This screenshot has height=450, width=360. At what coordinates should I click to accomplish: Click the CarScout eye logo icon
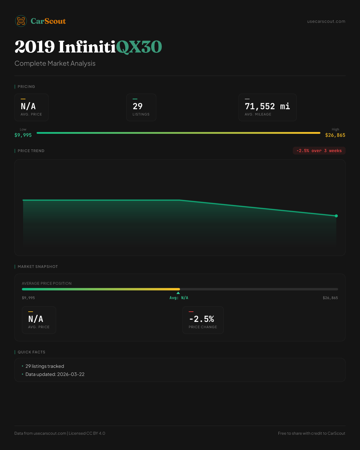coord(21,21)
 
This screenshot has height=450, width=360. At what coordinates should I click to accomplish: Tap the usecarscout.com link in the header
coord(326,21)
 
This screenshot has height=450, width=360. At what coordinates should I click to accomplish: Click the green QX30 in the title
coord(139,47)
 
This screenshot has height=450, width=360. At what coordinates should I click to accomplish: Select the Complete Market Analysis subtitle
coord(55,63)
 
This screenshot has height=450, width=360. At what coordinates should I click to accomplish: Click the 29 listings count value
coord(138,106)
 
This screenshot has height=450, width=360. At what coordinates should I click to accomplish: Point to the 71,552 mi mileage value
coord(267,106)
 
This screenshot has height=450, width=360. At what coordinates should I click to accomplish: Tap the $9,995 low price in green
coord(23,135)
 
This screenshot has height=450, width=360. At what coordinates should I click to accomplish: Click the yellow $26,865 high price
coord(335,135)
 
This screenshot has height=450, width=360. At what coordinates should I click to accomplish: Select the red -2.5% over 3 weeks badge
coord(319,151)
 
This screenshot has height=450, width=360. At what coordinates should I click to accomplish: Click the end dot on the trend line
coord(336,216)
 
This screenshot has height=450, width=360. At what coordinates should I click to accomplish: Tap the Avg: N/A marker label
coord(179,298)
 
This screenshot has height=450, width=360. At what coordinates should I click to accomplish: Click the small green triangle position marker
coord(178,293)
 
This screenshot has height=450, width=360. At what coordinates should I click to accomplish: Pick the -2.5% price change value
coord(202,319)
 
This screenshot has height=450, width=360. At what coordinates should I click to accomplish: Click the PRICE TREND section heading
coord(31,151)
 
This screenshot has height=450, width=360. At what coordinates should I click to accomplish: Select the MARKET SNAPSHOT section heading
coord(37,266)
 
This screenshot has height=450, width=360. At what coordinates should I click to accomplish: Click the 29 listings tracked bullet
coord(45,366)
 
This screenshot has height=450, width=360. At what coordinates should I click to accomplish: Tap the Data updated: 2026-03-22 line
coord(55,374)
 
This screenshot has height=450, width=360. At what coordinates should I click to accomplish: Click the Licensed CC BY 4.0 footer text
coord(87,433)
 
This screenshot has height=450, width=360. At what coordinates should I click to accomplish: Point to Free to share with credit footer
coord(311,433)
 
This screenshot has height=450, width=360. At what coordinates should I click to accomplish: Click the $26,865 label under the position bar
coord(330,298)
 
